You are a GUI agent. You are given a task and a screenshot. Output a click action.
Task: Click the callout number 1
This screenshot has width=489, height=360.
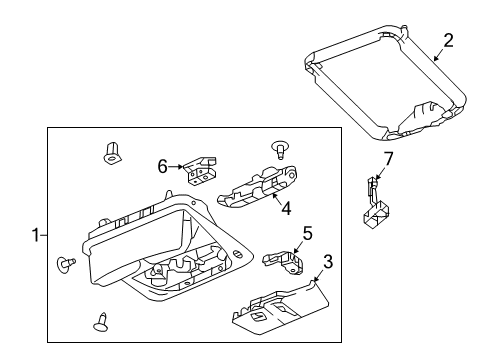(35, 235)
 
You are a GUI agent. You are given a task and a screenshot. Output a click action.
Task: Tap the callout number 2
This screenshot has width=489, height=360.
(449, 40)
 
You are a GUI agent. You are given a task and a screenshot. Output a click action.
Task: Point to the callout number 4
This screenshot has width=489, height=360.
(285, 208)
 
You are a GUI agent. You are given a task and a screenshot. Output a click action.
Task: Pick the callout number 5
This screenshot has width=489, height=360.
(308, 235)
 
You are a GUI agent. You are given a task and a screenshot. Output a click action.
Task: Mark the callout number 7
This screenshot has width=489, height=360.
(389, 160)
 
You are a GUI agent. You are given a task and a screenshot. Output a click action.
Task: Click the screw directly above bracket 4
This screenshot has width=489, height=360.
(281, 151)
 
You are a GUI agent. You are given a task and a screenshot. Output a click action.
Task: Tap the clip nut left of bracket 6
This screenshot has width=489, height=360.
(113, 153)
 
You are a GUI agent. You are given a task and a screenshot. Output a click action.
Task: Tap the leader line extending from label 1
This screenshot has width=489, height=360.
(44, 235)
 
